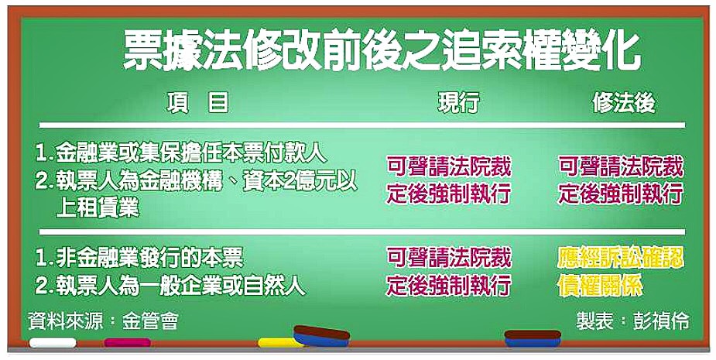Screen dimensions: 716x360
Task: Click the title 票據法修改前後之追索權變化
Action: click(382, 52)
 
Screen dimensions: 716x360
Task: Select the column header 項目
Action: click(197, 102)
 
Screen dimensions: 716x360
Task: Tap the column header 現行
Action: click(458, 102)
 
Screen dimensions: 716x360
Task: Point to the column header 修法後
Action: click(624, 103)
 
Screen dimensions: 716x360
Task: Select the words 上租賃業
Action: click(97, 208)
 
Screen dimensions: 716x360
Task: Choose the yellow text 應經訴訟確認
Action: click(621, 259)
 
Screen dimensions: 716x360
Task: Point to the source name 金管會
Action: click(149, 321)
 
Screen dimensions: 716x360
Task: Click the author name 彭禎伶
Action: click(661, 321)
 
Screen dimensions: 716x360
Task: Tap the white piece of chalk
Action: click(53, 342)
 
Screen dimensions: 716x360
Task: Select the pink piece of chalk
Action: click(128, 342)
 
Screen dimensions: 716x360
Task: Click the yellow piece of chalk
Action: click(279, 342)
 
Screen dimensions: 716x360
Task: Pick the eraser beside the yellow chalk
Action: click(321, 336)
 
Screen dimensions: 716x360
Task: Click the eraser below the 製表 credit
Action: click(533, 338)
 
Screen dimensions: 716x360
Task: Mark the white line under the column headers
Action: click(362, 125)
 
